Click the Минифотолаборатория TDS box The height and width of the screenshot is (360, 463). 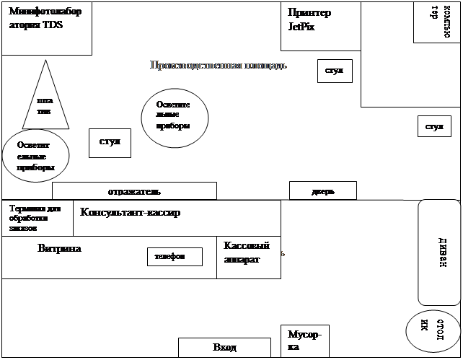click(46, 28)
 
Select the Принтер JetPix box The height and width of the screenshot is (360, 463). click(319, 26)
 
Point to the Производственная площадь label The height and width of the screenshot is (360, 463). click(219, 66)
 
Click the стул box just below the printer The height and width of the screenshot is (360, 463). click(335, 71)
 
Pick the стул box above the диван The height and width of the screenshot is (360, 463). click(434, 126)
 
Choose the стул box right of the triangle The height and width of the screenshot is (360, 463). click(110, 143)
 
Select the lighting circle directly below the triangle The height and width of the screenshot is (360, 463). click(36, 156)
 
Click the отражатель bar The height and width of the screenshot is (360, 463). click(134, 191)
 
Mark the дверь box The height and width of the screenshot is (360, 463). click(322, 190)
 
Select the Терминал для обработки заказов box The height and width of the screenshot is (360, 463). click(38, 218)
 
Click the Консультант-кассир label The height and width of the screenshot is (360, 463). click(131, 213)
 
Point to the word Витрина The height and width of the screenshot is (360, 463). click(59, 248)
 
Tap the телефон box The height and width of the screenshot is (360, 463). click(175, 256)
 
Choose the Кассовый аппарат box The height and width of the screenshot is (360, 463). click(248, 257)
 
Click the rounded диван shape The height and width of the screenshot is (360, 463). click(439, 252)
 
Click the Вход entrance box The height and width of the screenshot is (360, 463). click(224, 348)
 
